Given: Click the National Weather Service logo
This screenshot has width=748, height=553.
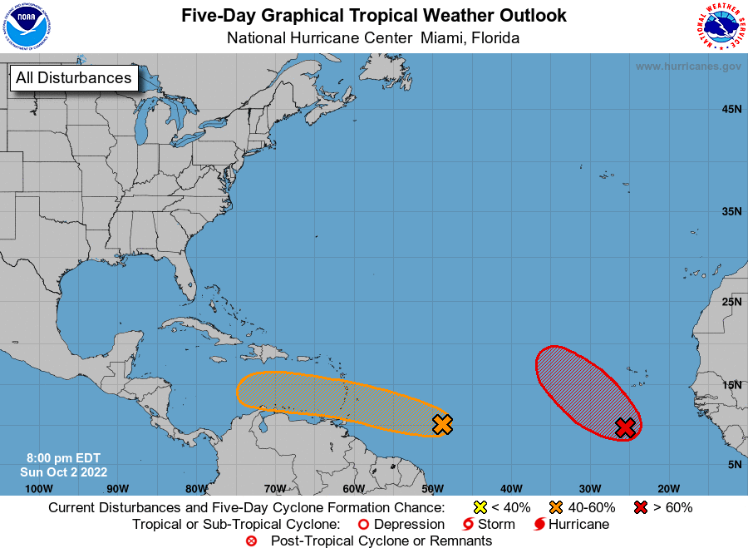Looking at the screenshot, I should [720, 27].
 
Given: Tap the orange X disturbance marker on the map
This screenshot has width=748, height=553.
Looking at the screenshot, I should [443, 424].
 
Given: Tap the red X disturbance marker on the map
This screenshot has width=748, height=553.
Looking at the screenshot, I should [625, 427].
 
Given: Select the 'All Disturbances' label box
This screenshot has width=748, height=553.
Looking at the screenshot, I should [73, 78].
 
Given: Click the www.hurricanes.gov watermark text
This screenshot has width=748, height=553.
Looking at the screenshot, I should [688, 67].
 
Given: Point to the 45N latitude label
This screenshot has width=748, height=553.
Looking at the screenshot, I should [731, 109].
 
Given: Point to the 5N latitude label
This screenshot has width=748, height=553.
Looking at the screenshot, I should [734, 464].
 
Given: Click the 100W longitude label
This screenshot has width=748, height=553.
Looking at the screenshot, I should [39, 488].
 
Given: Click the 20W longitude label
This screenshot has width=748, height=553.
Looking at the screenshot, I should [668, 488].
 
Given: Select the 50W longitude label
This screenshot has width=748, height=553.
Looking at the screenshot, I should [431, 488].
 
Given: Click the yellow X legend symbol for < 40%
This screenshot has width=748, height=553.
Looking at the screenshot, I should [480, 507].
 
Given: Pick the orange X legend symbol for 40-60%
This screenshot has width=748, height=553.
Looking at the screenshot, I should [556, 507].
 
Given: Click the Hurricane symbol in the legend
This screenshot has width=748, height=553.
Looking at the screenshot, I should [539, 525].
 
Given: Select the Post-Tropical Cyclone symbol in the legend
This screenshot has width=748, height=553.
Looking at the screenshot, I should [252, 541].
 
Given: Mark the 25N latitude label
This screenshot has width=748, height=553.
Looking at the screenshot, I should [731, 300].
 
